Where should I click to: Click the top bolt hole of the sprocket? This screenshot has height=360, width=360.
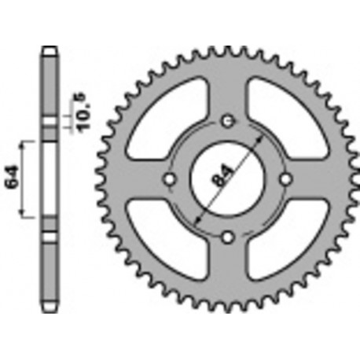(x=227, y=120)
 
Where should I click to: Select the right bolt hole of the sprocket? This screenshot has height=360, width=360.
(x=285, y=178)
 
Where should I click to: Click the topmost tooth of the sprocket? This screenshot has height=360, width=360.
(x=227, y=49)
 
